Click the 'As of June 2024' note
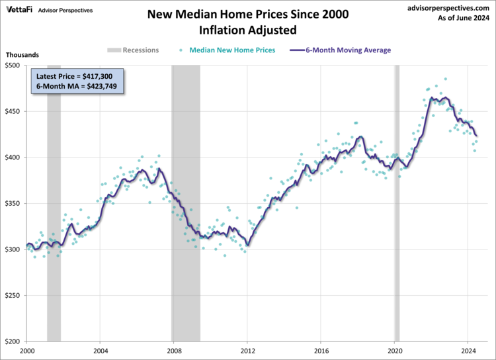pos(462,19)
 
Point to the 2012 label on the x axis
pos(247,351)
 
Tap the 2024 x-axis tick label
pos(468,351)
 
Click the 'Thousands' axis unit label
pos(22,55)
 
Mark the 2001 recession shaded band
pos(54,199)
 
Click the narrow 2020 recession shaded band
pos(397,199)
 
